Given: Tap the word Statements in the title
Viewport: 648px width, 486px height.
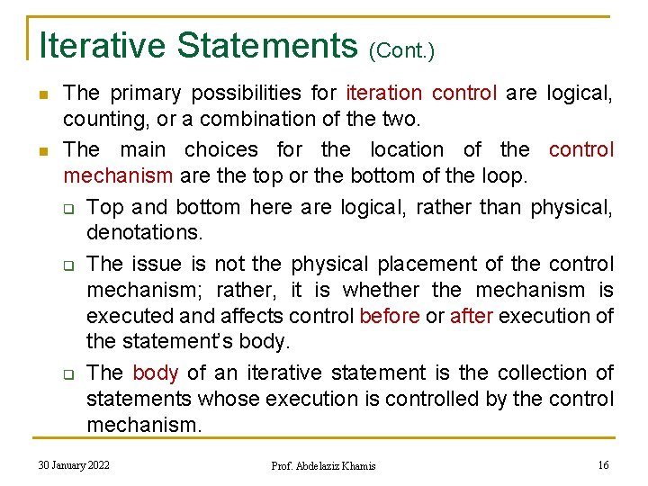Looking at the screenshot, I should (x=268, y=45).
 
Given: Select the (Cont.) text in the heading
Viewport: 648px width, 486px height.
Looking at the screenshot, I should (x=400, y=50).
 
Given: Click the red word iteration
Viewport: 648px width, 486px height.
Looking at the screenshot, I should (x=383, y=93).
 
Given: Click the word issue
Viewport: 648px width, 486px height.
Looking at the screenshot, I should (x=157, y=265).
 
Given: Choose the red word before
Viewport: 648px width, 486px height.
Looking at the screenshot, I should (x=389, y=316).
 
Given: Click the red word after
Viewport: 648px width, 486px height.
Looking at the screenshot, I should (x=471, y=316).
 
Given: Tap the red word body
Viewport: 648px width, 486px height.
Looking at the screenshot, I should (x=155, y=373).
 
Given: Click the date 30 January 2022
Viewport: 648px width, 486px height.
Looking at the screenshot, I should (x=74, y=464).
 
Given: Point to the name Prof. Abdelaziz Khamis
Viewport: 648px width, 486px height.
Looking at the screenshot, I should (x=323, y=465).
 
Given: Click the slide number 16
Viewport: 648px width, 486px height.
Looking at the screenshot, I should (x=603, y=464).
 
